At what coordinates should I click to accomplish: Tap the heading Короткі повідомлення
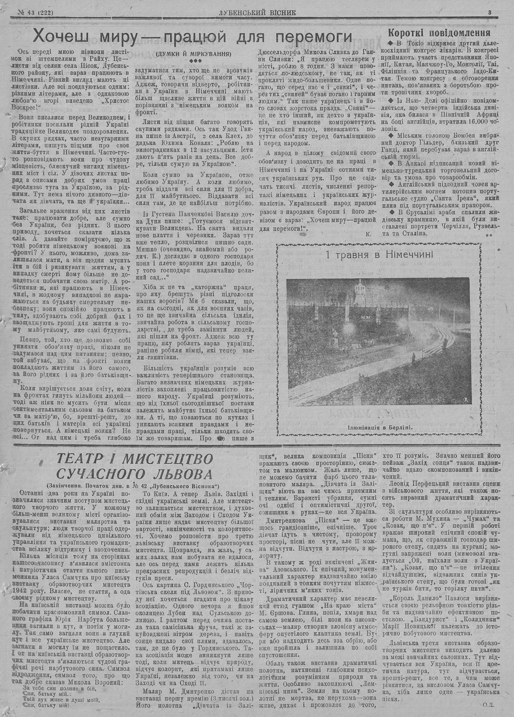tap(439, 33)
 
